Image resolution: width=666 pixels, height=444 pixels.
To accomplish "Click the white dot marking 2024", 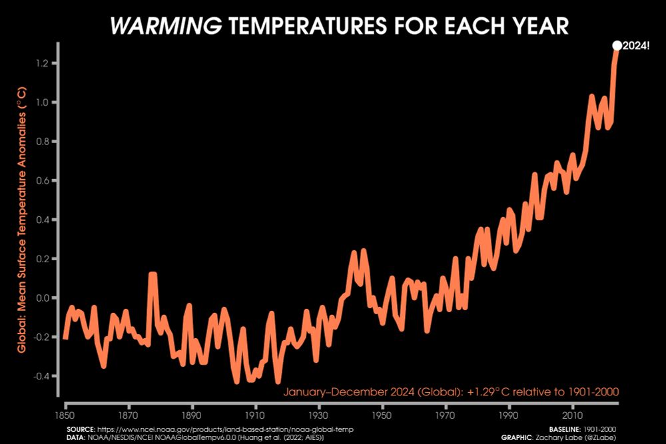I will (617, 45).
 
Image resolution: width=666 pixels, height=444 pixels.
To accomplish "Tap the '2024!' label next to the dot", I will (637, 46).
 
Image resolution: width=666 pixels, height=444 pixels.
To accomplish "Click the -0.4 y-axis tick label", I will (44, 376).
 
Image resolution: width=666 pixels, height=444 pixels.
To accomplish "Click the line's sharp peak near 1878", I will (153, 274).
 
